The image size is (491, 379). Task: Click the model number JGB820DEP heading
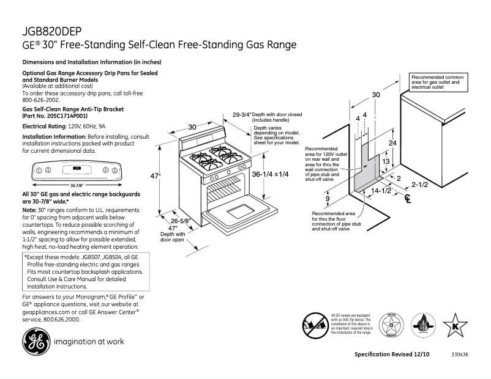53,31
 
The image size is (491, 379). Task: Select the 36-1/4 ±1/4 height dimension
269,174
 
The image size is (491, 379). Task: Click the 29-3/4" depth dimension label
241,114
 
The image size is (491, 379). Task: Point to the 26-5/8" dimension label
180,221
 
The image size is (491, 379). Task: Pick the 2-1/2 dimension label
420,184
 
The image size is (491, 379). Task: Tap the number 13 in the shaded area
386,161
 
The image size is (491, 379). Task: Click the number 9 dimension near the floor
328,199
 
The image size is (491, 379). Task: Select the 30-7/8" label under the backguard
77,184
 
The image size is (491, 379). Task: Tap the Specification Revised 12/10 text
392,355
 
